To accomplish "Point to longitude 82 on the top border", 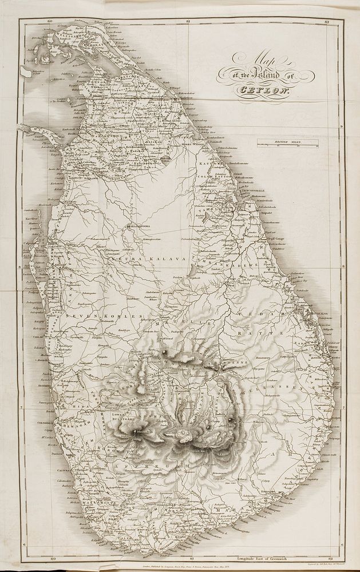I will (325, 21).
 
